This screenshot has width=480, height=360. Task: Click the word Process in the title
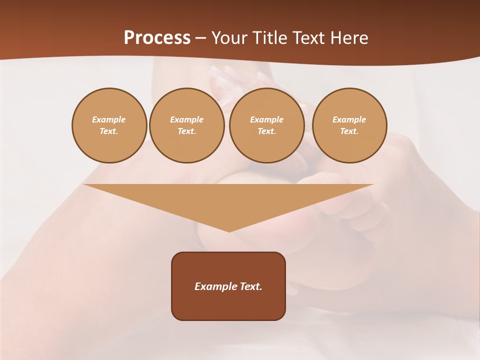coord(157,38)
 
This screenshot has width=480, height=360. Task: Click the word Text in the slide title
coord(309,38)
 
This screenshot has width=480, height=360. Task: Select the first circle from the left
coord(109,125)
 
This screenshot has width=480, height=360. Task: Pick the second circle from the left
coord(187,125)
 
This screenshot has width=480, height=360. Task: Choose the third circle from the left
coord(267,125)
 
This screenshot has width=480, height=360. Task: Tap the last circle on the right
coord(349,125)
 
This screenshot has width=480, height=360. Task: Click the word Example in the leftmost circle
coord(109,119)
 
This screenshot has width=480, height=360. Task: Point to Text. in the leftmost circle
coord(109,131)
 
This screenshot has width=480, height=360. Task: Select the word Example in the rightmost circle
coord(349,119)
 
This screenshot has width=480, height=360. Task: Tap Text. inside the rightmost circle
coord(349,131)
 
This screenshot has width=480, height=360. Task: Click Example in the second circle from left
coord(187,119)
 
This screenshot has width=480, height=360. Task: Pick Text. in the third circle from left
coord(267,131)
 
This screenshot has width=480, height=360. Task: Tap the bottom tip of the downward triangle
coord(229,230)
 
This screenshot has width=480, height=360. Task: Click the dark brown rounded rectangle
coord(228,305)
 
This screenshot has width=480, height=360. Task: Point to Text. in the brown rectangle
coord(250,286)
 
